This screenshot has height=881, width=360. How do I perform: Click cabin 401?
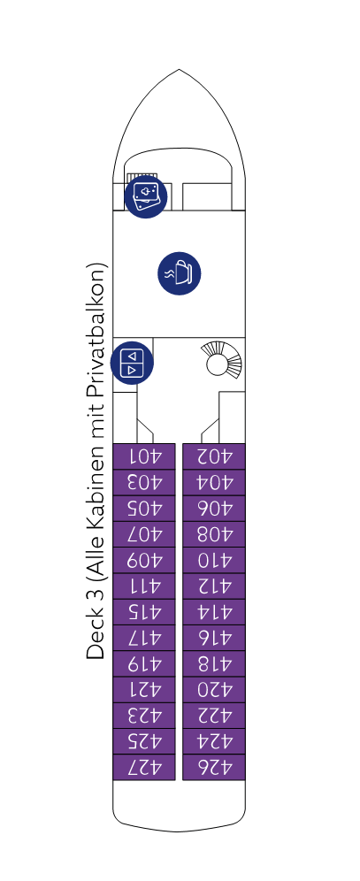[x=144, y=456]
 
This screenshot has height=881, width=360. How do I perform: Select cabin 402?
[x=214, y=456]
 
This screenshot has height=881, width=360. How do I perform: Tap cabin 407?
[x=144, y=534]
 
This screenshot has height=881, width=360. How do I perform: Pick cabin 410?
[x=214, y=560]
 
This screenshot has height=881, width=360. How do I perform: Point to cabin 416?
[x=214, y=638]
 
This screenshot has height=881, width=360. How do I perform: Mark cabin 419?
[x=144, y=663]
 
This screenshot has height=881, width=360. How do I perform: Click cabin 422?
[x=214, y=716]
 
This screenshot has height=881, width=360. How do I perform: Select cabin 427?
[x=144, y=767]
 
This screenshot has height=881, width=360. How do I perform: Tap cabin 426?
[x=214, y=767]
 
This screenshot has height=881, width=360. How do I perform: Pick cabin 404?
[x=214, y=482]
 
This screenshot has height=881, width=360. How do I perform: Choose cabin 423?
[x=144, y=716]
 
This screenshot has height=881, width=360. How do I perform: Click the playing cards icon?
[x=145, y=196]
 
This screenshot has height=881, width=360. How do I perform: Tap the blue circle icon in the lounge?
[x=180, y=273]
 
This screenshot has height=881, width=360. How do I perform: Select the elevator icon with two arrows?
[x=132, y=363]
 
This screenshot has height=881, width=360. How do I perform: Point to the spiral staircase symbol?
[x=222, y=360]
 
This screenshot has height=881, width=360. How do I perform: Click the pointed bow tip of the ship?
[x=180, y=70]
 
